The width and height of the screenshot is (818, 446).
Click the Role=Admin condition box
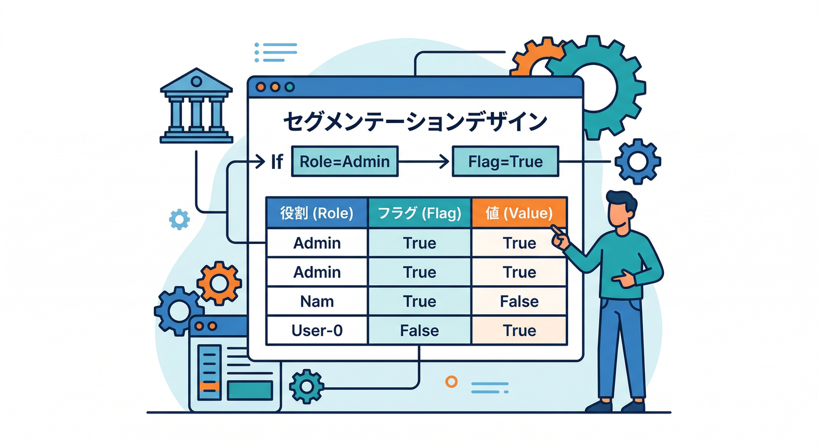[x=345, y=161]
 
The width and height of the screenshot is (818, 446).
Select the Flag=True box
[x=505, y=161]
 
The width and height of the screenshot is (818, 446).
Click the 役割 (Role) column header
[x=317, y=213]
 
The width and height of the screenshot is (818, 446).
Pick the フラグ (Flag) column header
[x=419, y=213]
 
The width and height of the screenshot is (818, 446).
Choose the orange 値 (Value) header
[x=519, y=213]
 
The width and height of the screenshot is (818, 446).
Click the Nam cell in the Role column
[x=317, y=301]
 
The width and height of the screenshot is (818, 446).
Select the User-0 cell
[x=317, y=330]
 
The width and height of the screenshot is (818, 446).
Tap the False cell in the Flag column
[x=419, y=330]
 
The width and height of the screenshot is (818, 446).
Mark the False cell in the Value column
[x=519, y=301]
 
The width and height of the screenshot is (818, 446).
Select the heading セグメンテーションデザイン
[x=415, y=122]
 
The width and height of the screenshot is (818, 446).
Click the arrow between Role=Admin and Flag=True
[x=424, y=161]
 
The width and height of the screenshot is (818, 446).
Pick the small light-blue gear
[x=179, y=219]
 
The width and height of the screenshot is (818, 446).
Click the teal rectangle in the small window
[x=250, y=390]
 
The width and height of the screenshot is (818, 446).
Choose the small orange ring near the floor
[x=451, y=381]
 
